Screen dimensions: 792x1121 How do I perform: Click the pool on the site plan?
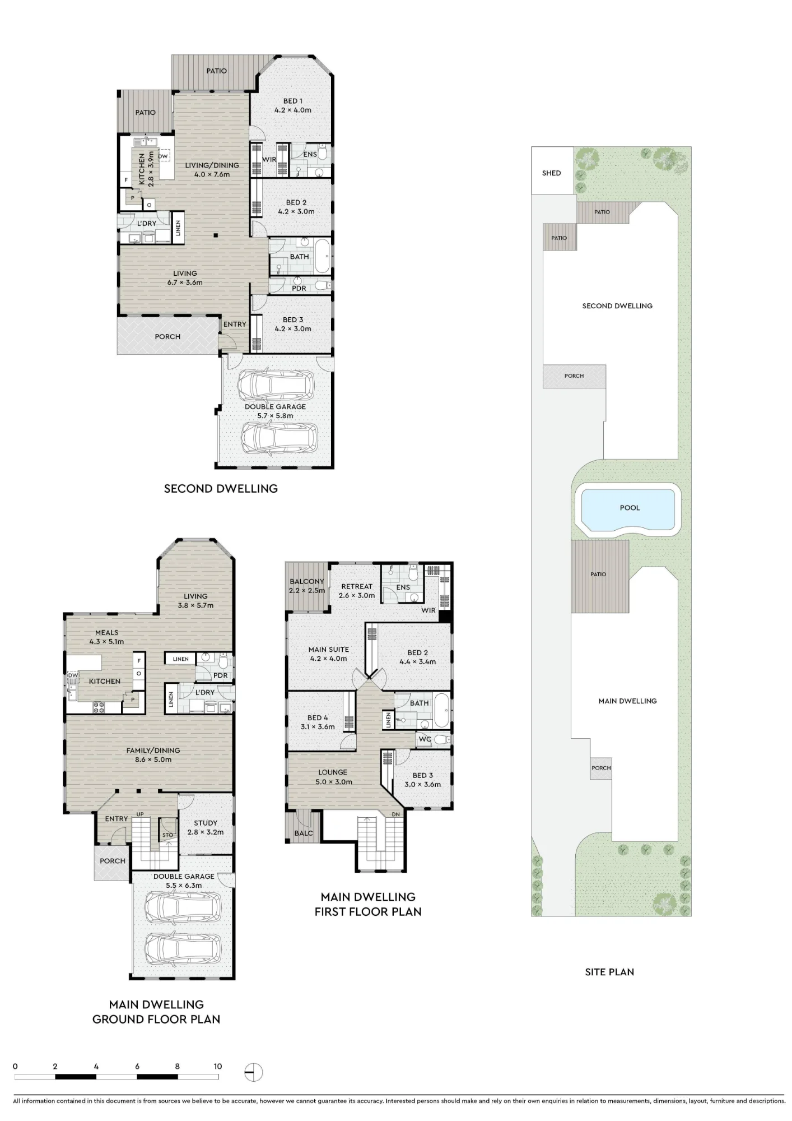(x=628, y=509)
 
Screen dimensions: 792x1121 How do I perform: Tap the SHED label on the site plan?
(x=551, y=173)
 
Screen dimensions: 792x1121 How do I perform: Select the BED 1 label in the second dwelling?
(x=293, y=101)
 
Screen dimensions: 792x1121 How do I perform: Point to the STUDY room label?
(x=206, y=823)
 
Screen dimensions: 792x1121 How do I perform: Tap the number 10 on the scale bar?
(x=217, y=1066)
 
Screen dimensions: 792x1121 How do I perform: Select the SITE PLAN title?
(x=609, y=972)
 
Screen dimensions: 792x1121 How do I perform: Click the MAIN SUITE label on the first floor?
(x=329, y=649)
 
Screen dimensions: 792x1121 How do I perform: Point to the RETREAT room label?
(x=357, y=586)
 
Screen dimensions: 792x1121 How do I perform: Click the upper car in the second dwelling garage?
(x=275, y=385)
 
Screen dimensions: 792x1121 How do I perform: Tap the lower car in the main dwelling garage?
(x=183, y=948)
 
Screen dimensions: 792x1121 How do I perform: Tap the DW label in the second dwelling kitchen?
(x=162, y=156)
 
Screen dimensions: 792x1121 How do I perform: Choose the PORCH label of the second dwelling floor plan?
(x=167, y=337)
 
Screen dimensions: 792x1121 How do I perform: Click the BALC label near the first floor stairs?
(x=304, y=833)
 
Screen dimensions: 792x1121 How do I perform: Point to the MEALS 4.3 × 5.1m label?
(x=106, y=637)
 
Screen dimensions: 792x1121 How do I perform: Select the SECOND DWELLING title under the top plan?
(x=221, y=489)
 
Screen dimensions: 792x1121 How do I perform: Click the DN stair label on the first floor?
(x=396, y=814)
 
